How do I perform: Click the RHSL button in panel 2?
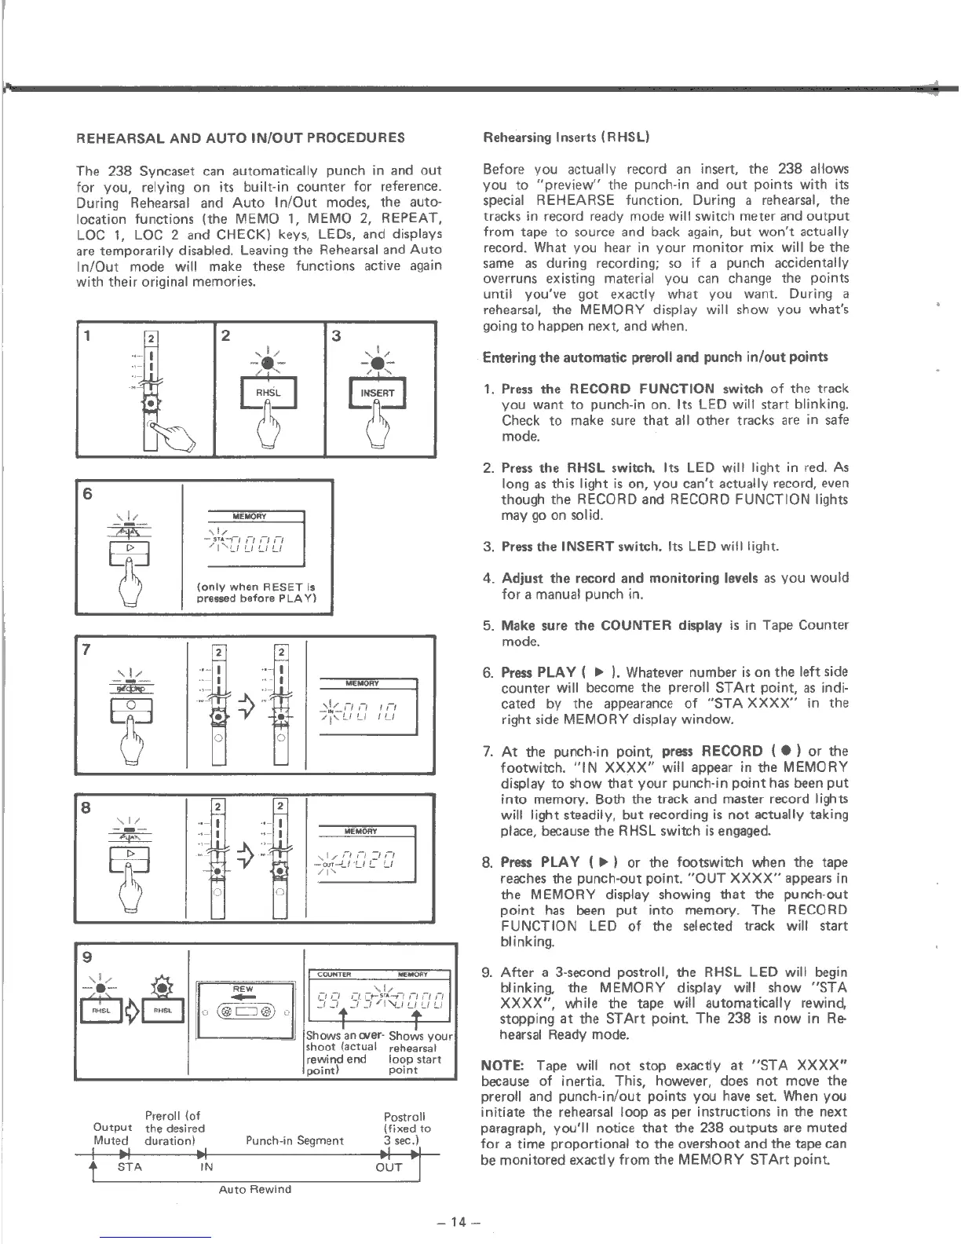(x=268, y=393)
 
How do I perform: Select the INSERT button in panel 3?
(x=378, y=393)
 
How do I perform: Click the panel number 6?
(x=87, y=494)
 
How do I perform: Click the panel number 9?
(x=87, y=957)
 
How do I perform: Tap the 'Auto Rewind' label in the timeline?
(x=254, y=1189)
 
